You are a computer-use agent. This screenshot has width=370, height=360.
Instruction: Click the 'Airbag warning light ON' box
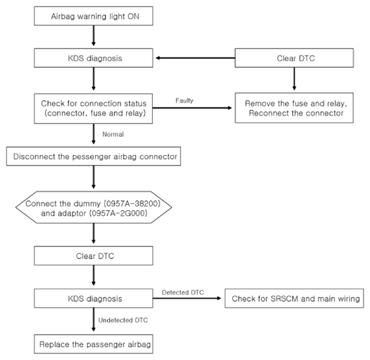tap(93, 16)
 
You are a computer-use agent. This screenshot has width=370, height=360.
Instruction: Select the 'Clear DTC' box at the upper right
tap(294, 58)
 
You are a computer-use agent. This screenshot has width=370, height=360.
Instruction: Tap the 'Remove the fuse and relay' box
tap(294, 108)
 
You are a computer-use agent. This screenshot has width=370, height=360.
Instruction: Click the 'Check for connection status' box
tap(93, 109)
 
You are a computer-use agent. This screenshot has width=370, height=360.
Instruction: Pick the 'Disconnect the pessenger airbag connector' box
tap(93, 156)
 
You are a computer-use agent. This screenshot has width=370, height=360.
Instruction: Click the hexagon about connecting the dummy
tap(93, 207)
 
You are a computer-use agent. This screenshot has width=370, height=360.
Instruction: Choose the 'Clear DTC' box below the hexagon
tap(93, 256)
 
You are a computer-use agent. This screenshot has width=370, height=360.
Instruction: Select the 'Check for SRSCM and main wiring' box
tap(294, 298)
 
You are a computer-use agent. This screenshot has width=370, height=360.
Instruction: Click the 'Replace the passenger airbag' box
tap(93, 344)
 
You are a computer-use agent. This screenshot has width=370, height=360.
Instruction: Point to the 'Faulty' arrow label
tap(184, 101)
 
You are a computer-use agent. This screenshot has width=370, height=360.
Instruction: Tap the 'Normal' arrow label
tap(113, 134)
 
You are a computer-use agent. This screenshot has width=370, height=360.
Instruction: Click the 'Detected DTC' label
tap(183, 292)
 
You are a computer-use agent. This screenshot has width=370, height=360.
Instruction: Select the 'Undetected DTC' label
tap(123, 320)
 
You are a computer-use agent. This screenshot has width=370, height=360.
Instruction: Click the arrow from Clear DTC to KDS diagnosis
tap(195, 58)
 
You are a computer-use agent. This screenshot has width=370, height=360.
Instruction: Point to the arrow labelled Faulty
tap(192, 108)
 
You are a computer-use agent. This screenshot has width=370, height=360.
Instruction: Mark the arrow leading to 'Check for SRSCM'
tap(187, 298)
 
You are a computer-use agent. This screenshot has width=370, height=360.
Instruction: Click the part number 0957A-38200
tap(132, 203)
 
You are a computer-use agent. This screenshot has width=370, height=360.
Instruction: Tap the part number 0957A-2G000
tap(118, 213)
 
